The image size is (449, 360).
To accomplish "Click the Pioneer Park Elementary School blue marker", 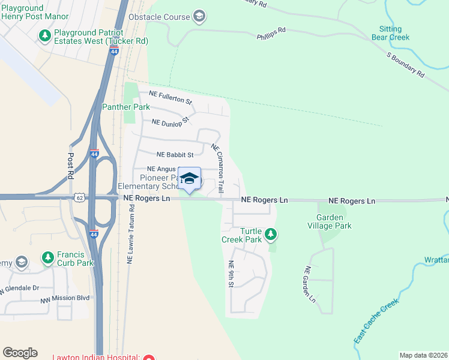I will (x=190, y=179).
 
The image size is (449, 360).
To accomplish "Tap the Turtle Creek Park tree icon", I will (x=271, y=233).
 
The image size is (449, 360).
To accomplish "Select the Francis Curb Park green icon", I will (x=48, y=257).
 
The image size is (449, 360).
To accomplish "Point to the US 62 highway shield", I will (x=79, y=197).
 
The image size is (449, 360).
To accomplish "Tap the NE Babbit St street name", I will (x=175, y=154).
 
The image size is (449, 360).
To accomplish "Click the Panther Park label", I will (x=125, y=107).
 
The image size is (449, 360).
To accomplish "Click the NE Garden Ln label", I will (x=310, y=284).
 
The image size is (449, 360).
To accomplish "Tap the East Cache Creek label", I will (x=376, y=322).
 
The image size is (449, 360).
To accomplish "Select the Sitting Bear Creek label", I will (x=394, y=33).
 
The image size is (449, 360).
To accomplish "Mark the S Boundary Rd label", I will (x=406, y=65).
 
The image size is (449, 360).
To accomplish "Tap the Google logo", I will (x=20, y=353).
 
